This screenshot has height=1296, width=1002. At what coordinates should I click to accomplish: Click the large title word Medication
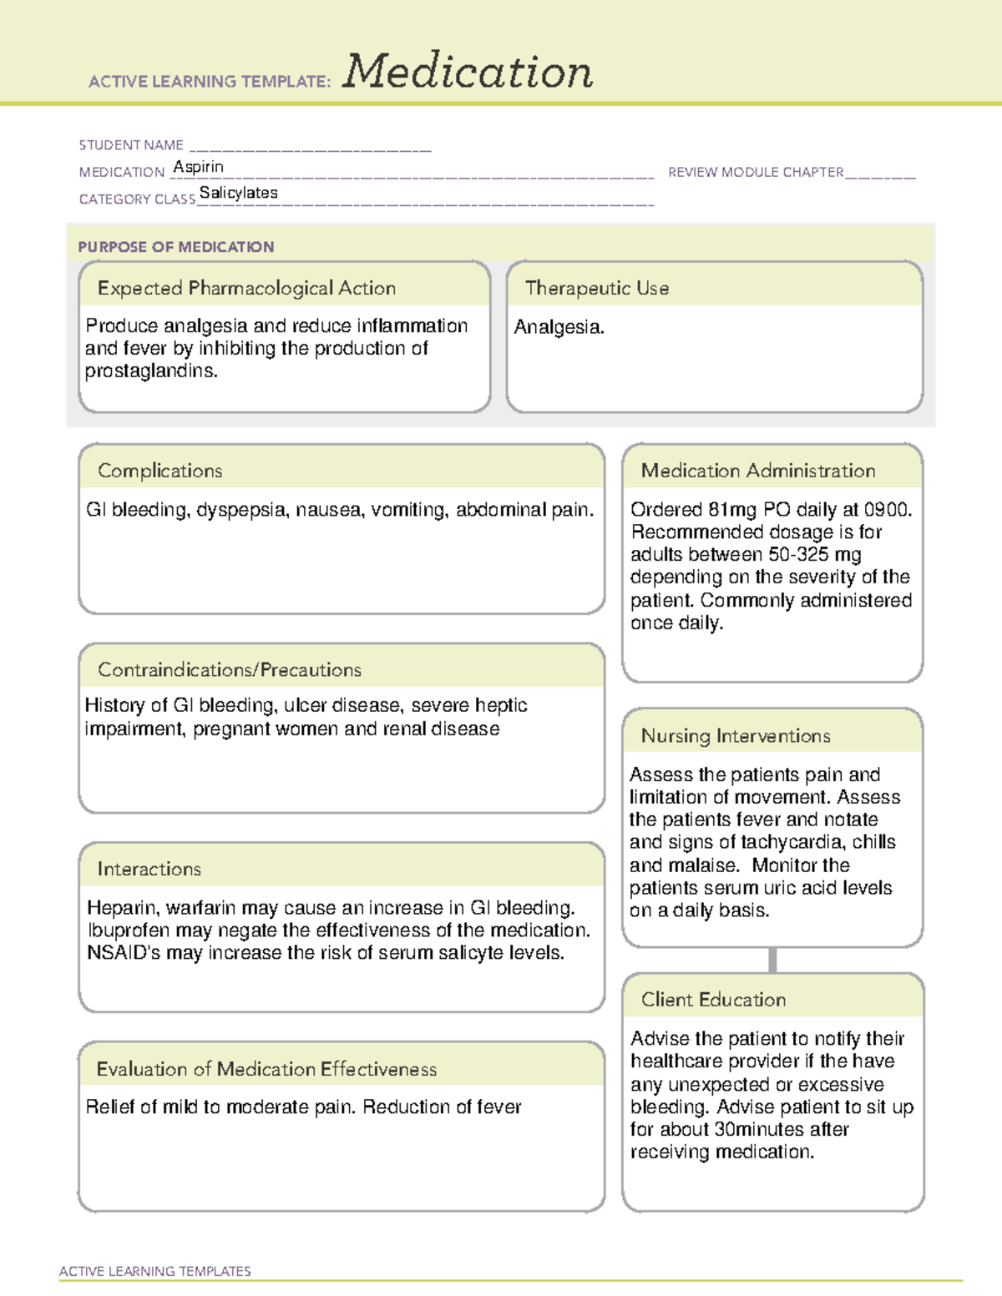[468, 72]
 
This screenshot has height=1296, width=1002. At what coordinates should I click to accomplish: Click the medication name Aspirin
[198, 167]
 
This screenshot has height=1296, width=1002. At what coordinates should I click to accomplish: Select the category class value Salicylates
[238, 193]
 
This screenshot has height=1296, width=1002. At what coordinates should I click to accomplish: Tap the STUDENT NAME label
[131, 145]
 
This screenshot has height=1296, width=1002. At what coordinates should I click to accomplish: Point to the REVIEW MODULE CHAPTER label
[756, 172]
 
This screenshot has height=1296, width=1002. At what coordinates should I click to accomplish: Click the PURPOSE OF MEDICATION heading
[176, 247]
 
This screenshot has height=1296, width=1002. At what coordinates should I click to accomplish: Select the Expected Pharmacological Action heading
[246, 288]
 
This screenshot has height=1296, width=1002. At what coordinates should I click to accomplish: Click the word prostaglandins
[150, 371]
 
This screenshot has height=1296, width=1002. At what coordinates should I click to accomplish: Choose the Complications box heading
[160, 471]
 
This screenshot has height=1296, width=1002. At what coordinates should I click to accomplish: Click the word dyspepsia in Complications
[241, 510]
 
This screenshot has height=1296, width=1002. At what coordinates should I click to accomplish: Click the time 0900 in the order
[886, 510]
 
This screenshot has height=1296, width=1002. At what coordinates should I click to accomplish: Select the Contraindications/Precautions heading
[230, 669]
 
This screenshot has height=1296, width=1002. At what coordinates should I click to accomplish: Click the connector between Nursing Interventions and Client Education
[772, 960]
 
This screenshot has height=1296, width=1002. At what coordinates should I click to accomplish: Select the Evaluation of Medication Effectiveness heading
[266, 1069]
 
